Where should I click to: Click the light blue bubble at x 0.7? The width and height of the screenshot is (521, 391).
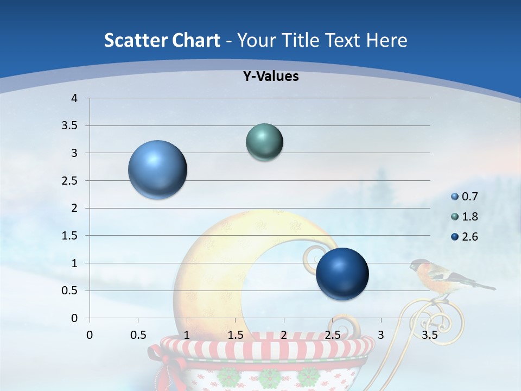pos(157,169)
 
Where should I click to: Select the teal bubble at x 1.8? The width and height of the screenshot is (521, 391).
pos(264,142)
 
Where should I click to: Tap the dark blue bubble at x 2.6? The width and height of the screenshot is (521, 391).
pos(342,274)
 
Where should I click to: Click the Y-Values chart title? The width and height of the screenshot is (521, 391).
pos(271,77)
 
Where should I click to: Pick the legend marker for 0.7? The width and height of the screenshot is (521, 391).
pos(455,197)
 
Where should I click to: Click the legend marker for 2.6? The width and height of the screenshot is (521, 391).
pos(455,237)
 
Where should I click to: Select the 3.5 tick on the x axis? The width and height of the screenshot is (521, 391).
pos(429,335)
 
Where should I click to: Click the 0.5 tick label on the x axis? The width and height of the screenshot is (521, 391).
pos(138,335)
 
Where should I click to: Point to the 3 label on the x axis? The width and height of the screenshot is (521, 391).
pos(381,335)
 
